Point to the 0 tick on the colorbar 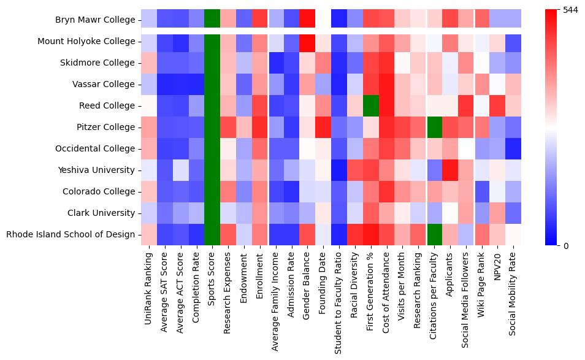click(x=566, y=246)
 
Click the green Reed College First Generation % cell click(x=371, y=105)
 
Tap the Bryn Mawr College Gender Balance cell click(x=307, y=20)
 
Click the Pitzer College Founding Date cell click(x=323, y=127)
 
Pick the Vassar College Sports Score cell click(x=212, y=84)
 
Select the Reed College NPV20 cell click(x=497, y=105)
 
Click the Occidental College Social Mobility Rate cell click(x=513, y=148)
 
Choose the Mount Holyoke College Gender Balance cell click(x=307, y=41)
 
